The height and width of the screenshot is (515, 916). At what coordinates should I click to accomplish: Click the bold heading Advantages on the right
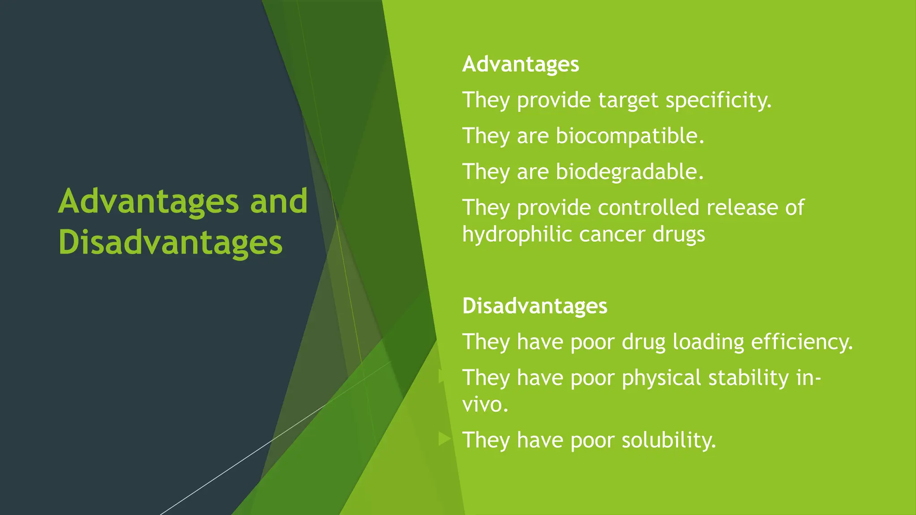tap(520, 64)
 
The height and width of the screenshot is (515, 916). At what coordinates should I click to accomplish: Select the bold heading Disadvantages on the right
tap(534, 306)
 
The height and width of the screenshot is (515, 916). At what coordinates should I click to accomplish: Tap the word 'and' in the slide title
tap(279, 201)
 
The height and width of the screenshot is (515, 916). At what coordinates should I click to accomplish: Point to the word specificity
tap(718, 100)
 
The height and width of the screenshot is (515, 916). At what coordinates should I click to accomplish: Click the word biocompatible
tap(629, 136)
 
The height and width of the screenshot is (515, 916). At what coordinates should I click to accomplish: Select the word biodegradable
tap(629, 172)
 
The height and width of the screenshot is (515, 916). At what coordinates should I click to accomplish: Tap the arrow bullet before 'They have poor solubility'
tap(444, 439)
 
